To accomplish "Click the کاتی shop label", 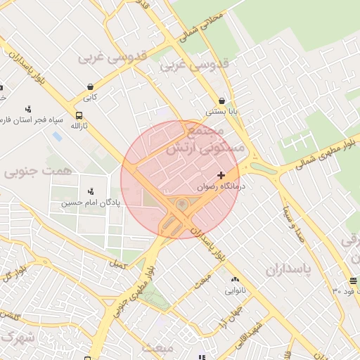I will click(89, 97).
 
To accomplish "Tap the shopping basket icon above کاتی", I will click(89, 86).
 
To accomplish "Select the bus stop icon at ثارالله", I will click(79, 116).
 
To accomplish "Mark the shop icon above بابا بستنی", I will click(222, 101).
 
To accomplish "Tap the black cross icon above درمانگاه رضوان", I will click(221, 174).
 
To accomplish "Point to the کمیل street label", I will click(115, 264).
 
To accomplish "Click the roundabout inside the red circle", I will click(181, 205).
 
